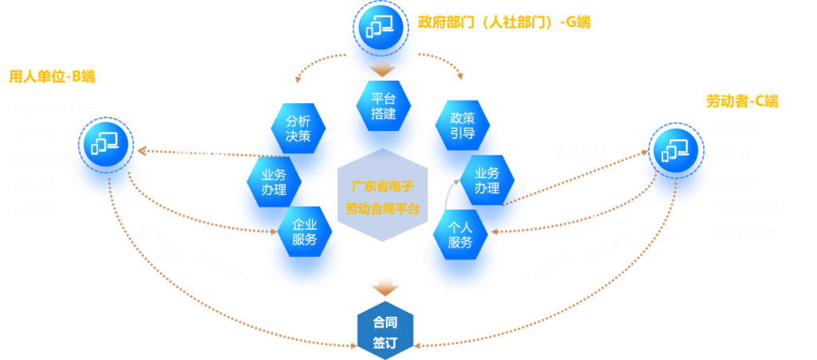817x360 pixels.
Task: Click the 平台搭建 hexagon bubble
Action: click(384, 108)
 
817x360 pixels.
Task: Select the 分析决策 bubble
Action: click(298, 128)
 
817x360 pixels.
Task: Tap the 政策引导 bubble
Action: click(462, 125)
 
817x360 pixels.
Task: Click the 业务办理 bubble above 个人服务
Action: click(487, 180)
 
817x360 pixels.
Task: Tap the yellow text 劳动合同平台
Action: click(382, 209)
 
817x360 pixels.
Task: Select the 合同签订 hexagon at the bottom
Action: click(384, 333)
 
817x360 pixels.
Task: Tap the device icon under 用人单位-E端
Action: click(105, 143)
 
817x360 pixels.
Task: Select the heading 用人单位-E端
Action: click(52, 77)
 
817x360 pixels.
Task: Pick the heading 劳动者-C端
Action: click(742, 101)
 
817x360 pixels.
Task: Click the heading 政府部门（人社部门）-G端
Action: click(505, 22)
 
